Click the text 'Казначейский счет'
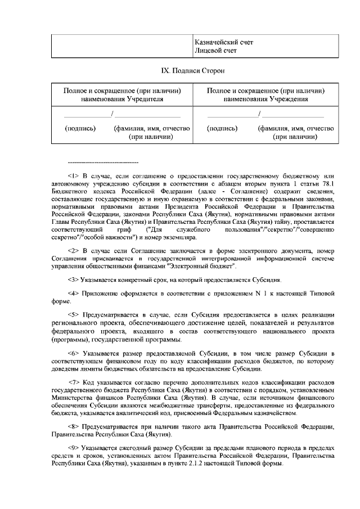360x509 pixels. click(223, 42)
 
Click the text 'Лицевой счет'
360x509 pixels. click(215, 51)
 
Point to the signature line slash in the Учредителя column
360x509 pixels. click(112, 115)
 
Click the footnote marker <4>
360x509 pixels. click(73, 294)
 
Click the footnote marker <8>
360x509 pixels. click(73, 426)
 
